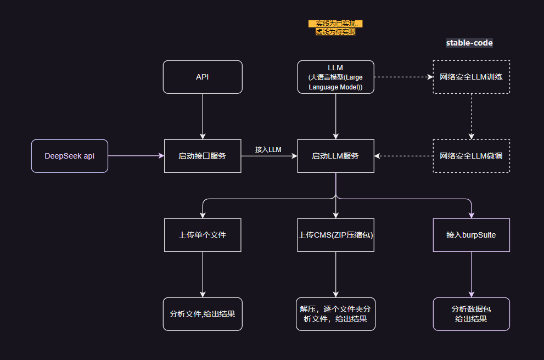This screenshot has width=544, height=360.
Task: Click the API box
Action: pos(203,77)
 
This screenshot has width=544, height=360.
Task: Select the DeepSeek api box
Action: pos(70,156)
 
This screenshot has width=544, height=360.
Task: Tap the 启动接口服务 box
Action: pos(203,156)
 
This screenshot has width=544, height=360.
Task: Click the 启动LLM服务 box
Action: pos(335,156)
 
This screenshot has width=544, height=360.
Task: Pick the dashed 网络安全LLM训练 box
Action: pos(471,77)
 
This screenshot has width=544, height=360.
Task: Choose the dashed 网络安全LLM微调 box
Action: pos(471,156)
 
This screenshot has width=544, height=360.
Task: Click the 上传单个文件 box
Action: pos(203,235)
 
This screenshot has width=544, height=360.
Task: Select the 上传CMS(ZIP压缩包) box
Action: pos(335,235)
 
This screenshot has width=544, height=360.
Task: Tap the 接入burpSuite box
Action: pos(471,235)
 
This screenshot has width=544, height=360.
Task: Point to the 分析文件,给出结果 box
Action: pos(203,314)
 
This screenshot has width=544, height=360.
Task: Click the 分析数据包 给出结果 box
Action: pos(471,314)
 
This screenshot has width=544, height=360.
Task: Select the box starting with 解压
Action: pos(335,314)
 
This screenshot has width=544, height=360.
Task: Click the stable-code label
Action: pos(469,43)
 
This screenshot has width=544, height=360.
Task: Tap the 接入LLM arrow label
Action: pos(268,149)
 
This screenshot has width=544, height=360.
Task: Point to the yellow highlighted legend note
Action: pos(335,27)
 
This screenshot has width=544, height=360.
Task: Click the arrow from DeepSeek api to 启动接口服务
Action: pos(136,156)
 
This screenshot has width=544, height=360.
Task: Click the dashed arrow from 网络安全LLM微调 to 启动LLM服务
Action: pos(403,156)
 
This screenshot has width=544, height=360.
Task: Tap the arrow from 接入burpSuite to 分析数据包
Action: pos(471,274)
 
